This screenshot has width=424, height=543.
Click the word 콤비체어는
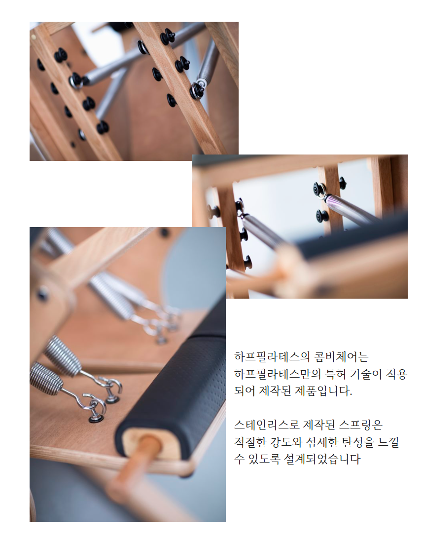click(341, 357)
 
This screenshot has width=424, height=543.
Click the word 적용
click(397, 374)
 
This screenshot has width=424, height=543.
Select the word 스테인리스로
click(267, 425)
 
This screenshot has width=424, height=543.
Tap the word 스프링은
click(361, 425)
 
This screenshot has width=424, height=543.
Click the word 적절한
click(249, 442)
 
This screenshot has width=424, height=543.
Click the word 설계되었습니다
click(322, 459)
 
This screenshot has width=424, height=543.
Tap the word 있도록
click(264, 459)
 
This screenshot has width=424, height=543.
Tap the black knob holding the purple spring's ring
click(319, 190)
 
